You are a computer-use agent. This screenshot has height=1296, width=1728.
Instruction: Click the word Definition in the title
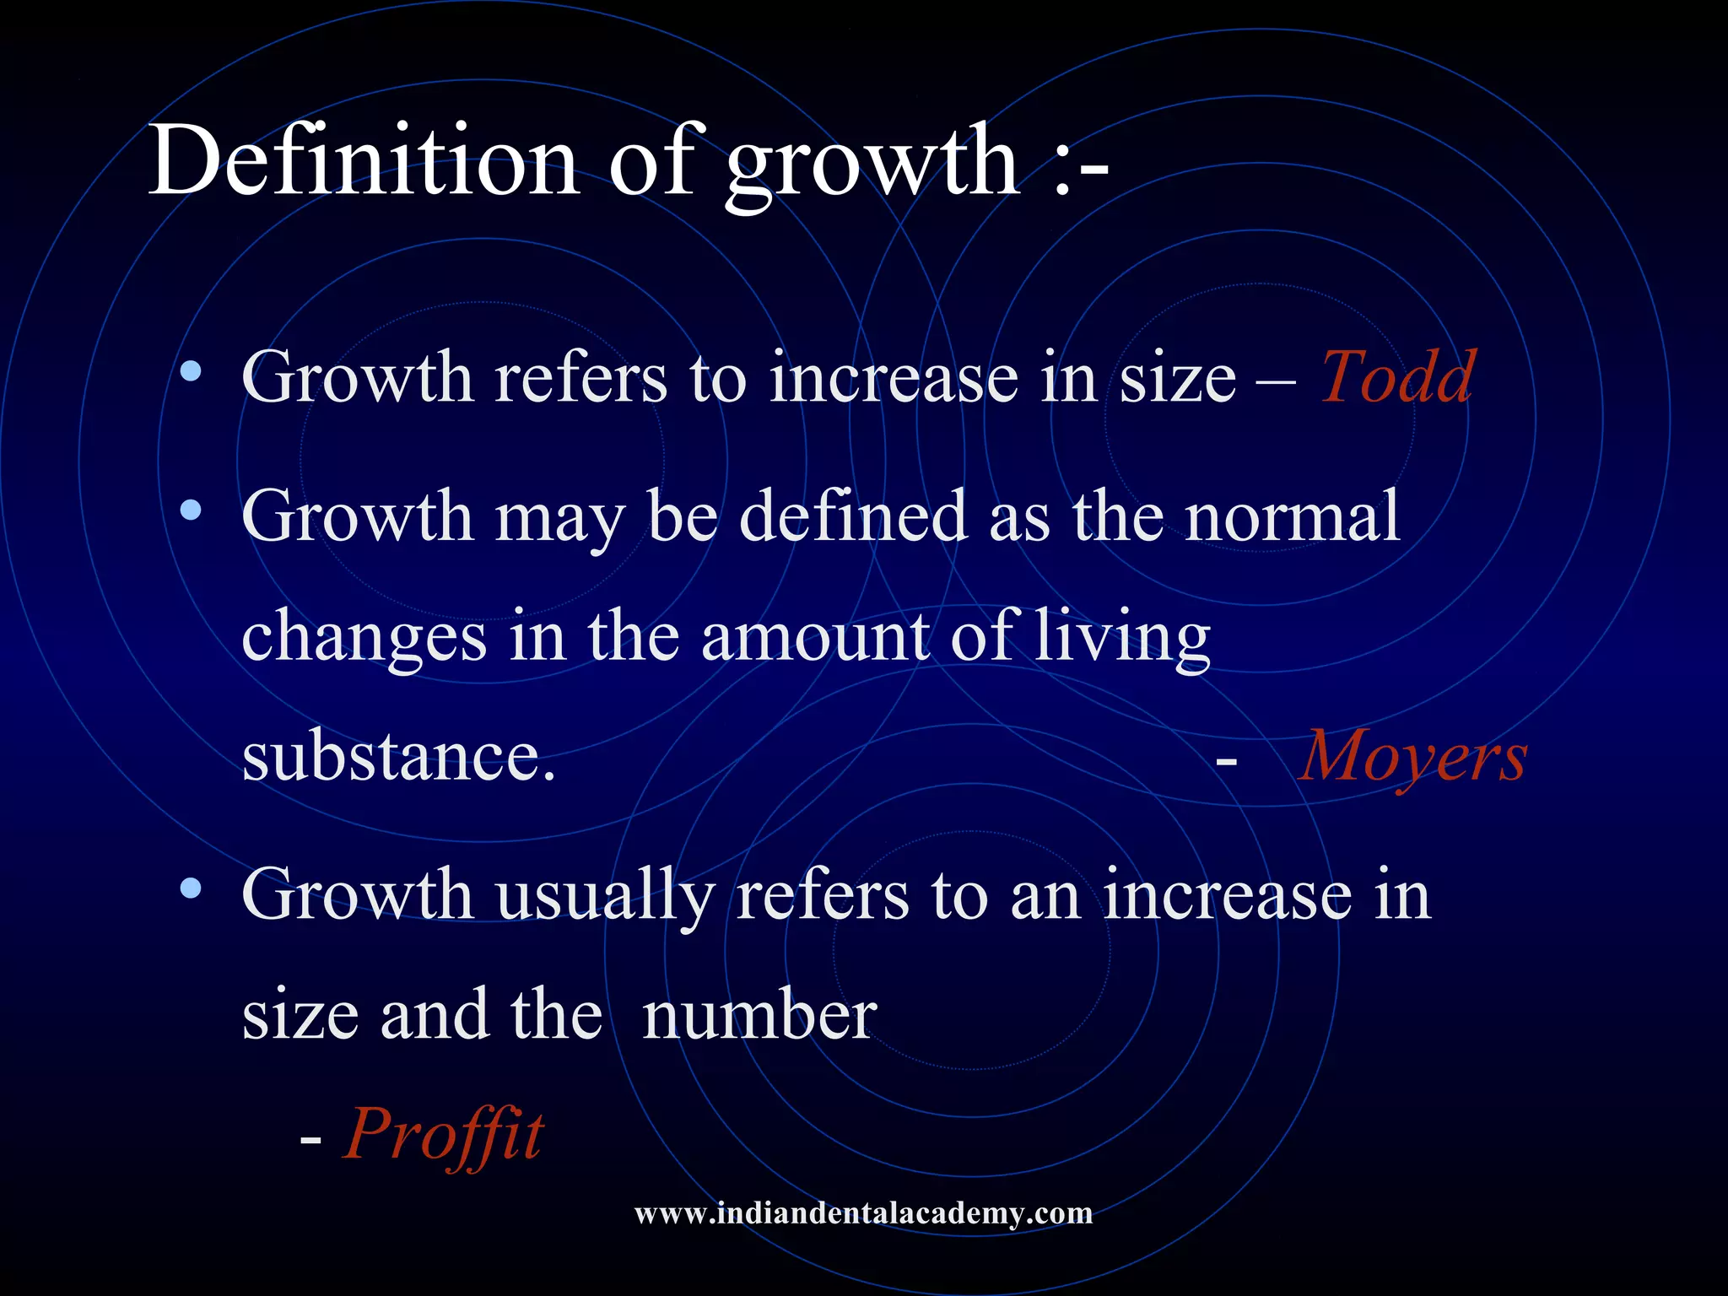(363, 160)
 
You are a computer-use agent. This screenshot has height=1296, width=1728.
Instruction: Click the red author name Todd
(1397, 377)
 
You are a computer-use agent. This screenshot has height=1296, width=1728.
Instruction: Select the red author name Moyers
(1412, 757)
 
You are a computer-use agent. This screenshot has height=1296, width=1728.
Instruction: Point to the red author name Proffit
(444, 1134)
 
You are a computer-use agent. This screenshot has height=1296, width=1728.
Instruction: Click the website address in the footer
(863, 1213)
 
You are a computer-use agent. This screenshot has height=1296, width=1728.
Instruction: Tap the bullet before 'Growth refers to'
(192, 371)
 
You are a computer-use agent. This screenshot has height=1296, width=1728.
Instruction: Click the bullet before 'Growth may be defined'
(192, 510)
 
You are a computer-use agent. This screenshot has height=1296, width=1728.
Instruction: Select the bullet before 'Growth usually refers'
(192, 888)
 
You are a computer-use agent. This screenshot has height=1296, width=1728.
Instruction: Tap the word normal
(1292, 516)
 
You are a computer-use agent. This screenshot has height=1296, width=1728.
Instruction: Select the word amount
(815, 637)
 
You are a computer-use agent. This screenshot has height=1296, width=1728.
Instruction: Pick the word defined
(852, 516)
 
